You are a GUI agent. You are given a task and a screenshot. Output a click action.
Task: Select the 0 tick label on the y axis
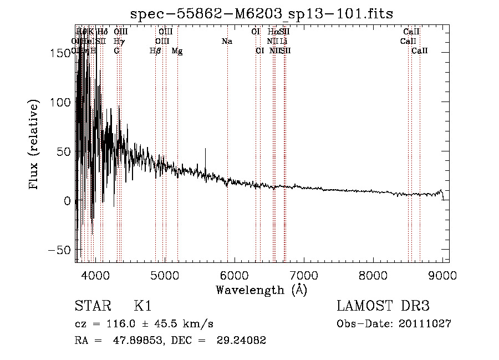coord(68,201)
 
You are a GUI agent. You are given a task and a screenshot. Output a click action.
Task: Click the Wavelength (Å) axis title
coord(261,289)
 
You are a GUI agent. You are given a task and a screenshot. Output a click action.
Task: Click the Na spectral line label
coord(227,42)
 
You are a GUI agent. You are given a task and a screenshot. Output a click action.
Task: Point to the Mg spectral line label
coord(177,51)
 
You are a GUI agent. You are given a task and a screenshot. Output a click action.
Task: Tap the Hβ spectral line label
coord(155,51)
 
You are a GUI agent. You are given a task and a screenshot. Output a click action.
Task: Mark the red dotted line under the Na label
coord(227,139)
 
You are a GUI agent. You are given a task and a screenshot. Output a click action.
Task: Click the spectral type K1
coord(143,306)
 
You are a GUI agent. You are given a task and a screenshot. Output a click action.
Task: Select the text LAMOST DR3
coord(383,306)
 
